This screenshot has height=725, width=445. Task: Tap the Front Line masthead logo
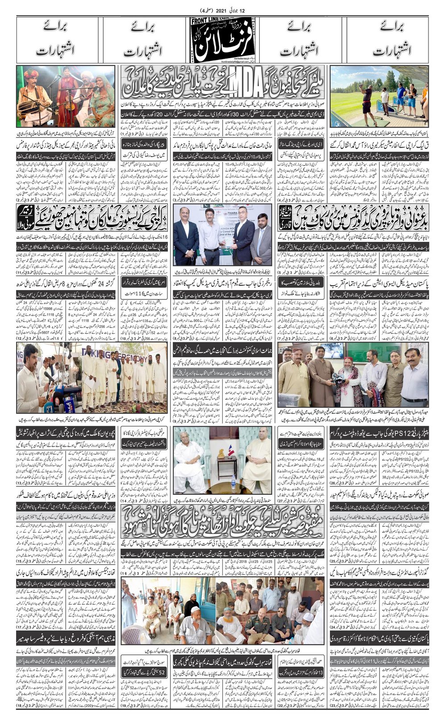223,40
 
